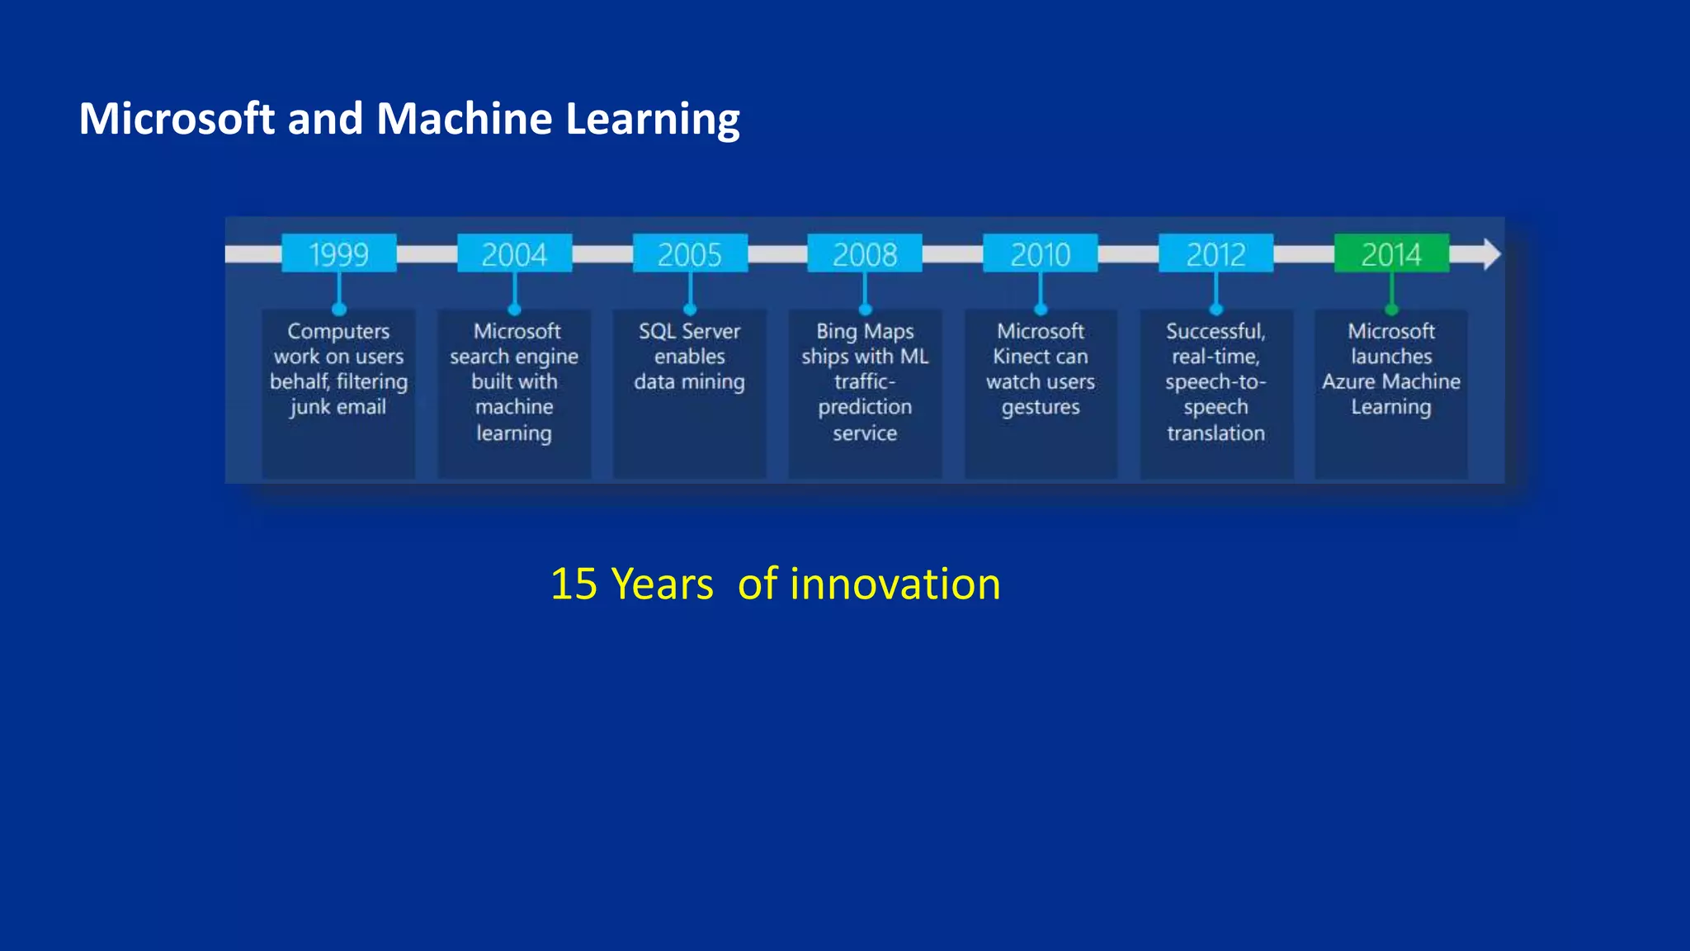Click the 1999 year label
(338, 253)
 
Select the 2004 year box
(514, 253)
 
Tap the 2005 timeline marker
(690, 253)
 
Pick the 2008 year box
(865, 253)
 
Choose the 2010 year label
(1040, 253)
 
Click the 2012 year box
(1216, 253)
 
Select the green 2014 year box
(1391, 253)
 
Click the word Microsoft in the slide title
(176, 118)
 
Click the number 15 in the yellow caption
(574, 584)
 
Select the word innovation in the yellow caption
(895, 584)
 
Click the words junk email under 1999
(338, 407)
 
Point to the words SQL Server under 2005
(689, 331)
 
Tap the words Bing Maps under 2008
(865, 331)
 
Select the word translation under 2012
(1216, 433)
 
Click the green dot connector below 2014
(1391, 310)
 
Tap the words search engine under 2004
(513, 357)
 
